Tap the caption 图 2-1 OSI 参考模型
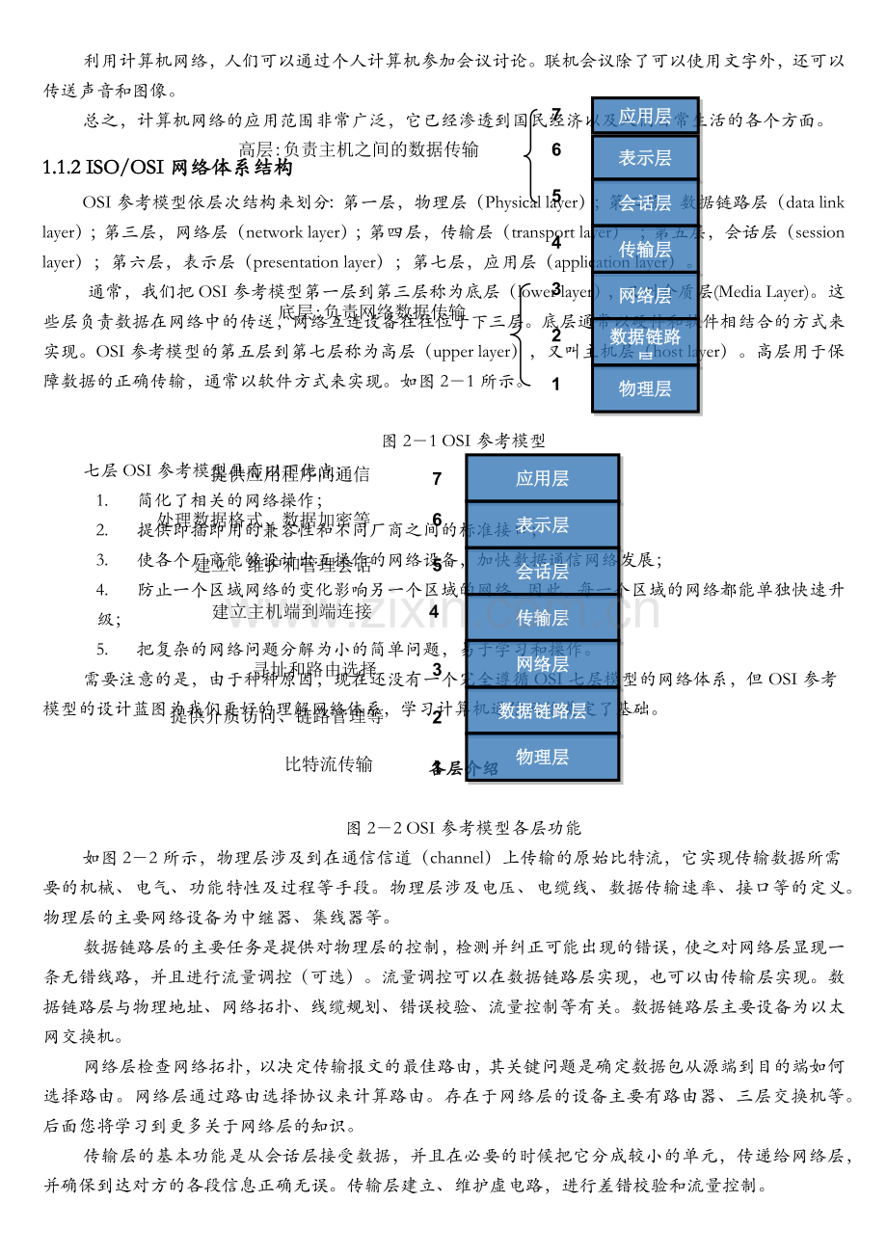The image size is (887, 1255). point(464,441)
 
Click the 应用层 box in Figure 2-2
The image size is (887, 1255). point(542,478)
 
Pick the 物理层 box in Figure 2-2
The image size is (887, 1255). point(542,757)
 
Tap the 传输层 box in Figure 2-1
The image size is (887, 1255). point(645,250)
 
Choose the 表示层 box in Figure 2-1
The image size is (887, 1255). point(645,157)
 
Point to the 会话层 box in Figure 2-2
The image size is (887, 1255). point(542,571)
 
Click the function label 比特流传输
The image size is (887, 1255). point(329,764)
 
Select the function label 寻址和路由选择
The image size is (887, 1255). point(315,667)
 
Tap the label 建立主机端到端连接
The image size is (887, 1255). point(292,610)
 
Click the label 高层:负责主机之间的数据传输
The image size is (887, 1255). point(359,149)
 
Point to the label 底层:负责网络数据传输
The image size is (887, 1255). point(372,310)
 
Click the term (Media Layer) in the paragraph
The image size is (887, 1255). point(766,291)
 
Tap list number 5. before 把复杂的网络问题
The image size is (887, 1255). point(102,649)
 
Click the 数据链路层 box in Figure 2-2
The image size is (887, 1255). point(542,710)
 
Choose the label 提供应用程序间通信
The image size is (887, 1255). point(289,473)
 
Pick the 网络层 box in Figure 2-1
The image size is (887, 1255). point(645,296)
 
